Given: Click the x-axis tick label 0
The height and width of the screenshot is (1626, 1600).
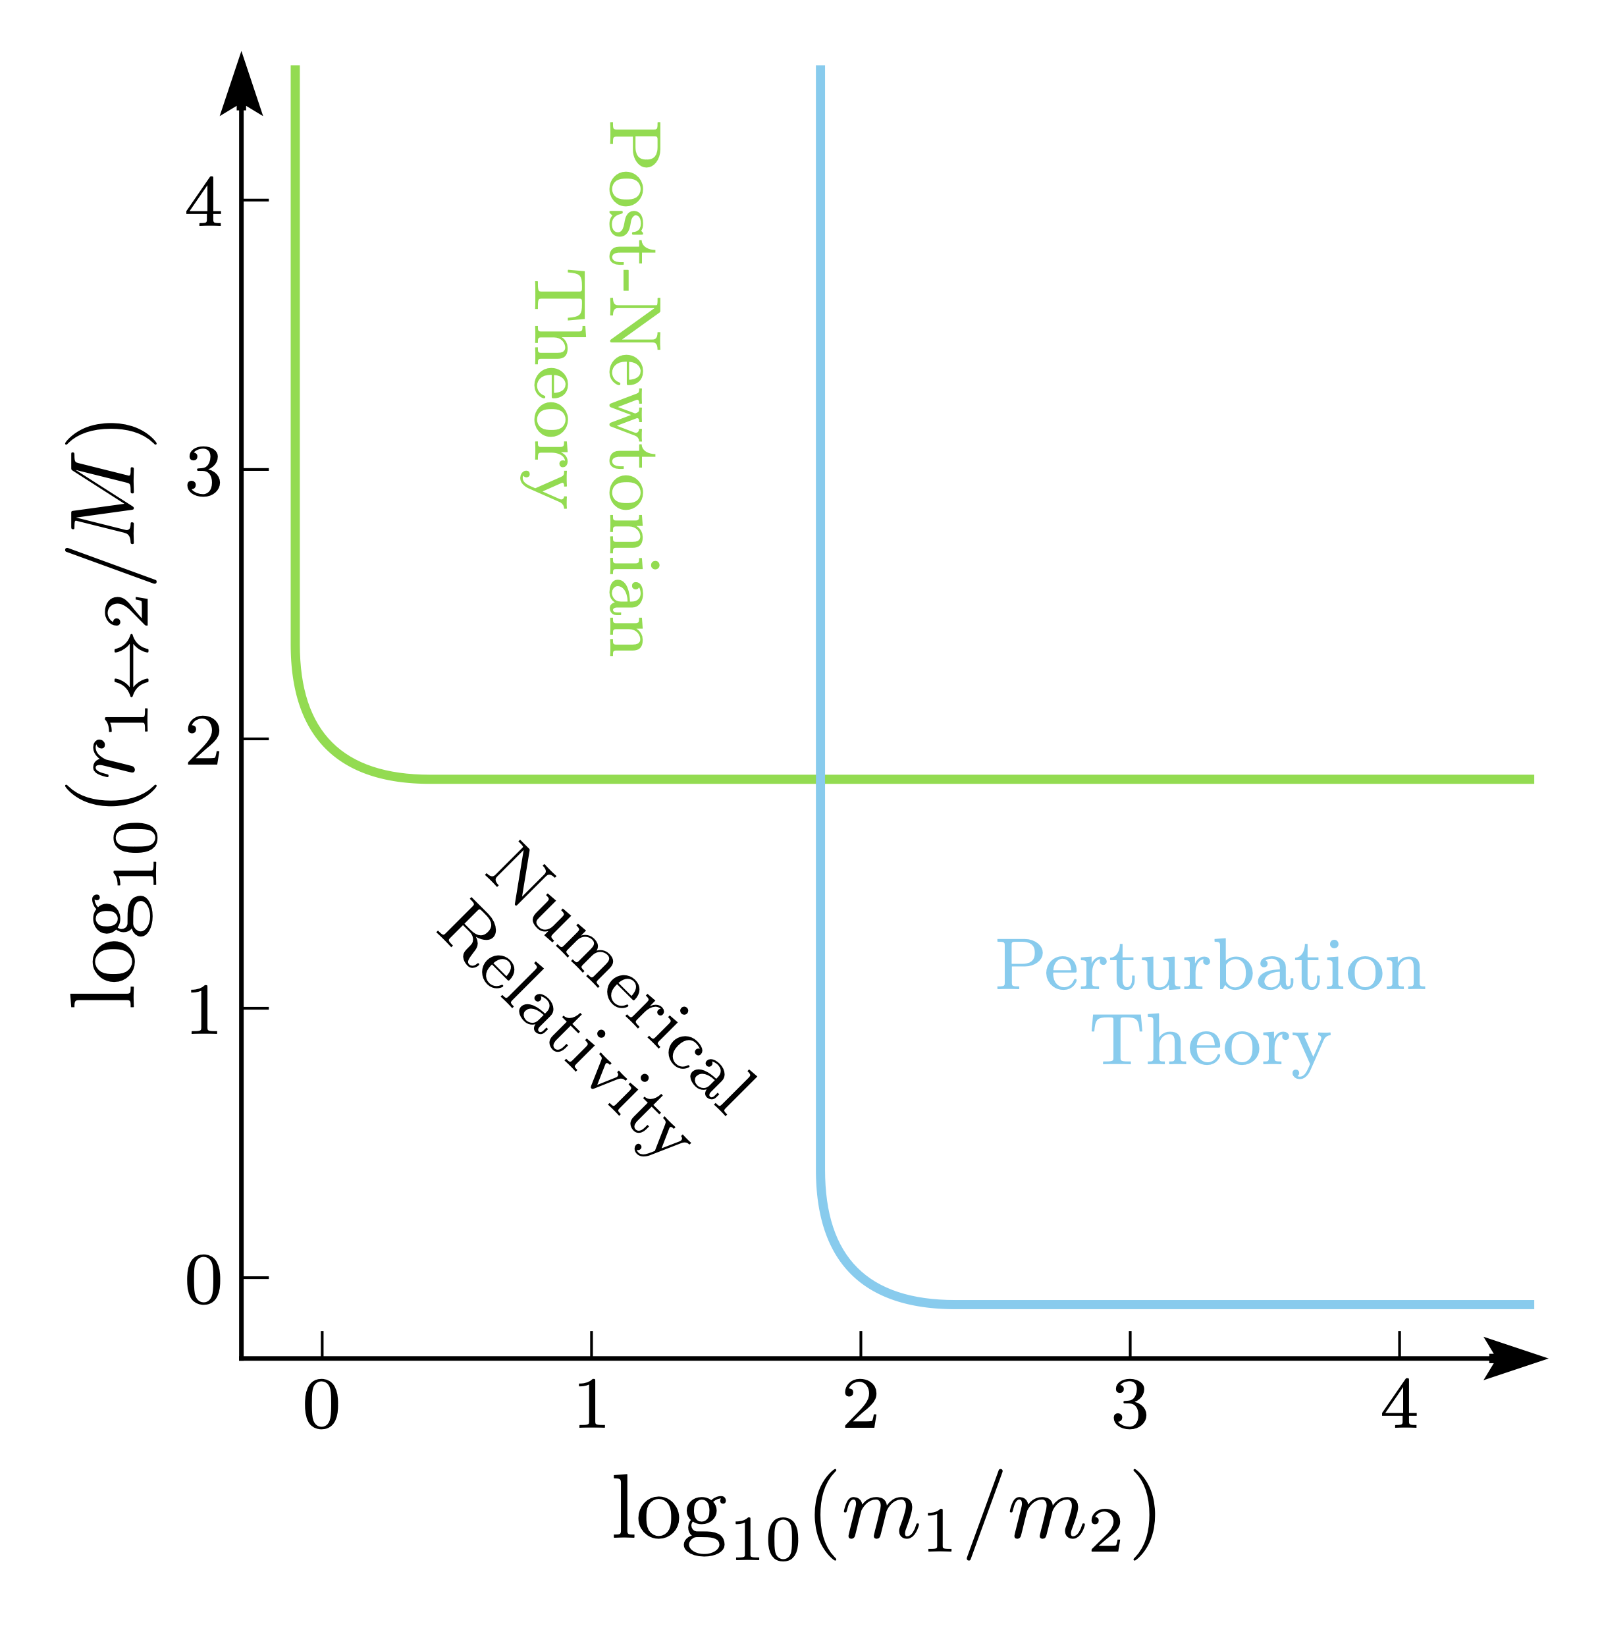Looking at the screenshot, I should coord(321,1407).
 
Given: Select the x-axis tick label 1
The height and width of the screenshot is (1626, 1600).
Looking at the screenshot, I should coord(591,1407).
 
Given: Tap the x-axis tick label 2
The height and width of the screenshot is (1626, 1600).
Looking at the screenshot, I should coord(861,1407).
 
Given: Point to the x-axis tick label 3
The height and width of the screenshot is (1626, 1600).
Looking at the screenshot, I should coord(1131,1407).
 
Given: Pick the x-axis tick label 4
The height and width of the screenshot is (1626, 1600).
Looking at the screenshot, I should coord(1399,1407).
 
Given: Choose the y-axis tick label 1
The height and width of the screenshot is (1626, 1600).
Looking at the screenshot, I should coord(203,1009).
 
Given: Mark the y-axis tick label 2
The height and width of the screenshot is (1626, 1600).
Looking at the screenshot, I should coord(203,740).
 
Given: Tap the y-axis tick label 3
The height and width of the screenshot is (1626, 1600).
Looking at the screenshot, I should coord(203,471).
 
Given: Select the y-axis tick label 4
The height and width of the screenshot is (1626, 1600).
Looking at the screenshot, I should coord(203,202).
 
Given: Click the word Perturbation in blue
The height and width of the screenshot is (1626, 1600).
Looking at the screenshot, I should coord(1210,966).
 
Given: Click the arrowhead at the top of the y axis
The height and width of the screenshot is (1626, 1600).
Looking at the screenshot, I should coord(241,84).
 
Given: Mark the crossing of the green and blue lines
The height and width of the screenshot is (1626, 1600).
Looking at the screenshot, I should coord(820,779).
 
